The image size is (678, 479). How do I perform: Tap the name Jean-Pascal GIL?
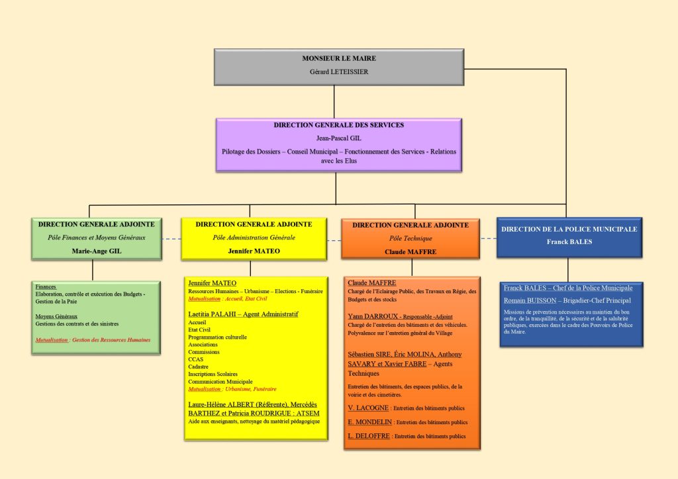point(338,138)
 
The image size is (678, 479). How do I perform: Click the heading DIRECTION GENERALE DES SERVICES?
point(338,125)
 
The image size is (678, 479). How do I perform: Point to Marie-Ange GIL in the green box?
point(97,251)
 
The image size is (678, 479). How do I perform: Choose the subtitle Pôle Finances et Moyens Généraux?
point(97,237)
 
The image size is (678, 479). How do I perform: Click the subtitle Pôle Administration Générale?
point(254,237)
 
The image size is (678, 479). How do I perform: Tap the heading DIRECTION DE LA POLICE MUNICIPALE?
point(569,229)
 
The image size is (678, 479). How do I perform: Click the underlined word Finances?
point(46,286)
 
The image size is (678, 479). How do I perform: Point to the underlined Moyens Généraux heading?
point(56,316)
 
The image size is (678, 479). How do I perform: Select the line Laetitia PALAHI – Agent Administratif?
point(243,314)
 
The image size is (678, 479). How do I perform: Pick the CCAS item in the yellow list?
point(196,359)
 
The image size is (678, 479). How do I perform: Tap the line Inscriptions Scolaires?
point(215,374)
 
